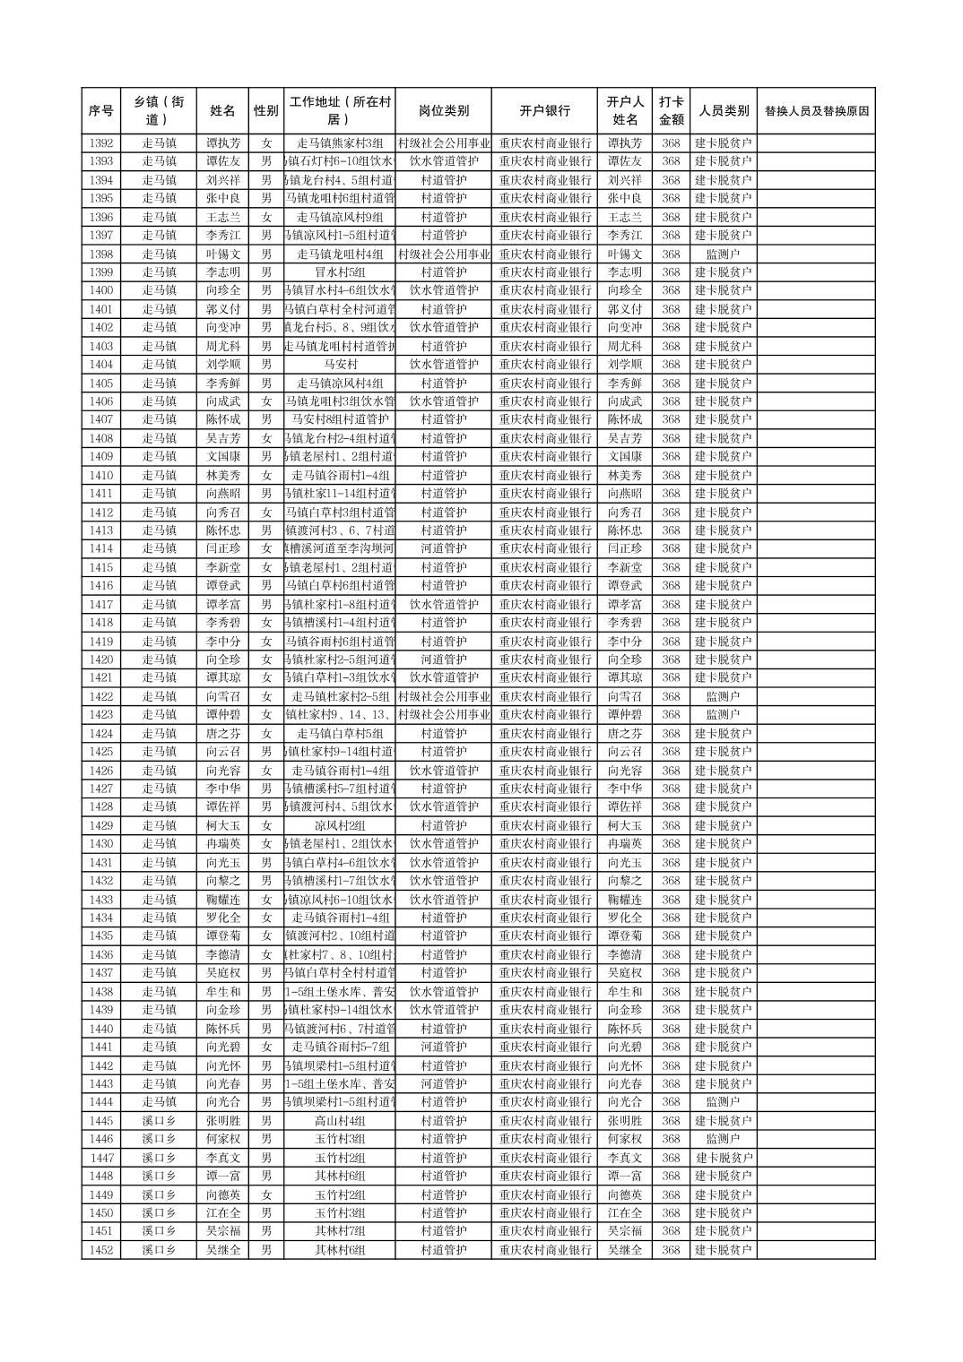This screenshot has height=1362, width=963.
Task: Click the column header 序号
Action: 101,111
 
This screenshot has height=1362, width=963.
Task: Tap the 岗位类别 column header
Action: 443,111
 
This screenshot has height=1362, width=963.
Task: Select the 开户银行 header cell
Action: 544,111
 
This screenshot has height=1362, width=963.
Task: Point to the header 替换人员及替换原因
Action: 816,112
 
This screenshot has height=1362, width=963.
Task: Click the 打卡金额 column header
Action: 671,111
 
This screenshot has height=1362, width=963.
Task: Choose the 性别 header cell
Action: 265,111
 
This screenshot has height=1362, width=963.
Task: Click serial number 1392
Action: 101,143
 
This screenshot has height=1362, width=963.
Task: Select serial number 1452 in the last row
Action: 101,1250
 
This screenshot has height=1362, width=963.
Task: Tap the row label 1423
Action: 101,715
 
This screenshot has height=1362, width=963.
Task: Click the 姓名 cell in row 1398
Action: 222,254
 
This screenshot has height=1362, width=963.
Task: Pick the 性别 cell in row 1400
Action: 265,290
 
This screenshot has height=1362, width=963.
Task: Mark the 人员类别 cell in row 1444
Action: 723,1102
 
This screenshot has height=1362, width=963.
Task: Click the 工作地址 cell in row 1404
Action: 339,365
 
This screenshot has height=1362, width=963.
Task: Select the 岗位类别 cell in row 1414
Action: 443,548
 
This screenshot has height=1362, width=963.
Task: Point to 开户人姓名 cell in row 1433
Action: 625,900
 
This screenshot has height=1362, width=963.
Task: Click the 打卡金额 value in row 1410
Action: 671,476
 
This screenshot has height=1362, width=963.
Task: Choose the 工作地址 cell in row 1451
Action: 339,1231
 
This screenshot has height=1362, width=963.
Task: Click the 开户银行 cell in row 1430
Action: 544,844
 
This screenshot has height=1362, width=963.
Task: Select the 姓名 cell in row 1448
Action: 222,1176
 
